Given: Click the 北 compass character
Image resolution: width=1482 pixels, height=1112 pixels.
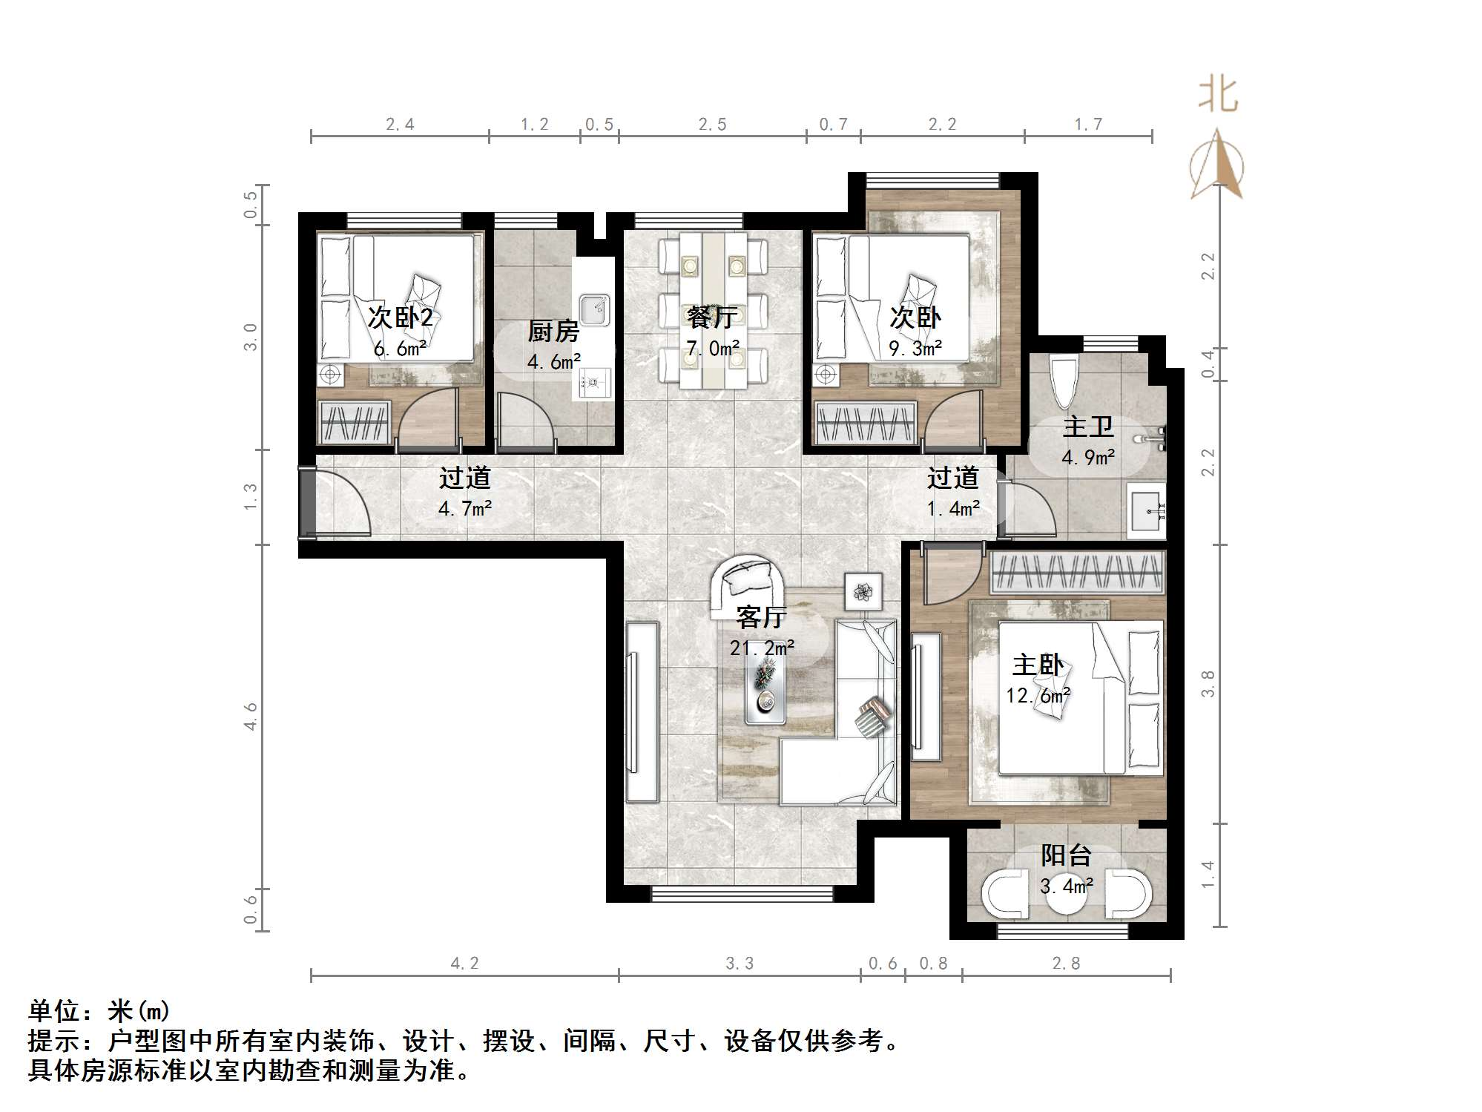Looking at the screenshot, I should [1218, 96].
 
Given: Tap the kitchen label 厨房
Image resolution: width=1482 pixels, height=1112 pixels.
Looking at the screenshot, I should [553, 331].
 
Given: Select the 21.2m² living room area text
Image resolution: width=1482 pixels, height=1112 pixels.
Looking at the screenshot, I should [763, 648].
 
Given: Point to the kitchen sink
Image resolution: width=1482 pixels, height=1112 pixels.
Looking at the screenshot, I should [594, 310].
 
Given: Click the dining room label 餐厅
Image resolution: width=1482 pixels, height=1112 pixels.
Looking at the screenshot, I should [712, 318].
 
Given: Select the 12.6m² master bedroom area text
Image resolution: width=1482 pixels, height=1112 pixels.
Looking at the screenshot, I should [1038, 696].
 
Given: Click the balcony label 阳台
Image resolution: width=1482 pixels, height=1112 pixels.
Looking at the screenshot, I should [1066, 855].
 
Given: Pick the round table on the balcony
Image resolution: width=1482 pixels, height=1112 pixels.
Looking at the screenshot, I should [1066, 895].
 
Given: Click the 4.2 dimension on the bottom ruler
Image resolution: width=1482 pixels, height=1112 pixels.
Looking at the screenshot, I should [465, 963].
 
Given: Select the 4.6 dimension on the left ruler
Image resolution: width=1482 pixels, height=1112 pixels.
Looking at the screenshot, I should [251, 716].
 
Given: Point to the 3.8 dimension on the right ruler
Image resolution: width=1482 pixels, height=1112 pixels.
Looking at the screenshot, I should [1208, 683].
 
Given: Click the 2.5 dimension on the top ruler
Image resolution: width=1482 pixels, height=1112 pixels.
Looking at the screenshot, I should [712, 125].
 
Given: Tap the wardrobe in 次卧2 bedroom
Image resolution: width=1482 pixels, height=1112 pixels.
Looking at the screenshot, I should [354, 422].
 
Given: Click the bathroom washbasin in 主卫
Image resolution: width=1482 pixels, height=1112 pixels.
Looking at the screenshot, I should [1146, 510].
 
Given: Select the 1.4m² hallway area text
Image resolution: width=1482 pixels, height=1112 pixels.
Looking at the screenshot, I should [953, 509].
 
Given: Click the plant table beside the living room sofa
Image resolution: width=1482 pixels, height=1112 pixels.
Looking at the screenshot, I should [863, 592].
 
